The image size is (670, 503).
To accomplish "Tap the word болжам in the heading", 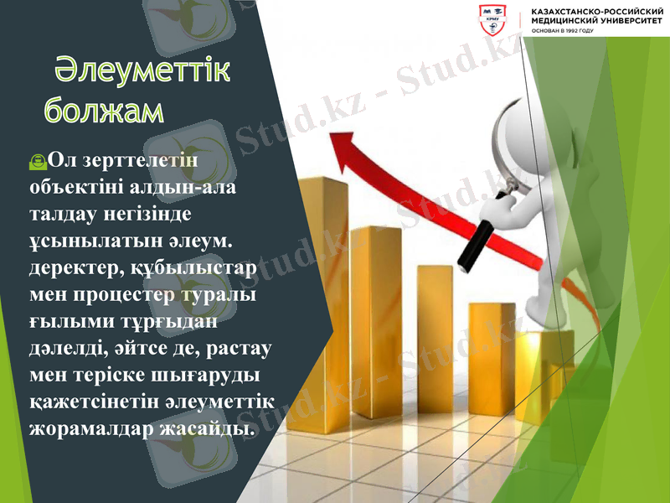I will pyautogui.click(x=104, y=110).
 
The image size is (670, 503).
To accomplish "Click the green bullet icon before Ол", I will pyautogui.click(x=38, y=158).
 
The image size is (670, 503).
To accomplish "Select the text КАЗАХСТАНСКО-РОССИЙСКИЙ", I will pyautogui.click(x=597, y=12).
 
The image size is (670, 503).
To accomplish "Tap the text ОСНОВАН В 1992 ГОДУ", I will pyautogui.click(x=562, y=32).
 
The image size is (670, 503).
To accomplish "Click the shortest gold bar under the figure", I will pyautogui.click(x=544, y=369).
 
